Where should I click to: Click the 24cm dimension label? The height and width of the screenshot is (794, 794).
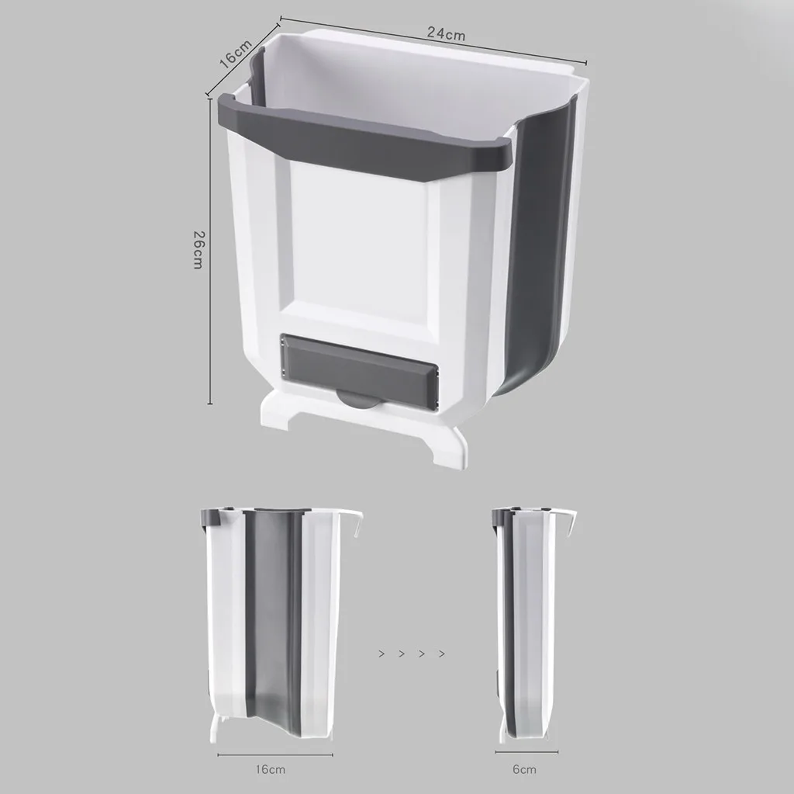[x=445, y=34]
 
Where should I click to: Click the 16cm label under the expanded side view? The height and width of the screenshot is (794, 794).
[x=271, y=769]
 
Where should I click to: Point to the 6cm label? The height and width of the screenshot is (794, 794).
[x=524, y=769]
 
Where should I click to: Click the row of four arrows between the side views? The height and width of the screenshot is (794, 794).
[x=412, y=654]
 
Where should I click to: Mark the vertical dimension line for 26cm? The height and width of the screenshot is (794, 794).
[x=210, y=248]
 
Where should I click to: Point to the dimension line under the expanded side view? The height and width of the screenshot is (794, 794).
[x=274, y=752]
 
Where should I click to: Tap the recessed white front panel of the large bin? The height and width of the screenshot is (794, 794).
[x=357, y=241]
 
